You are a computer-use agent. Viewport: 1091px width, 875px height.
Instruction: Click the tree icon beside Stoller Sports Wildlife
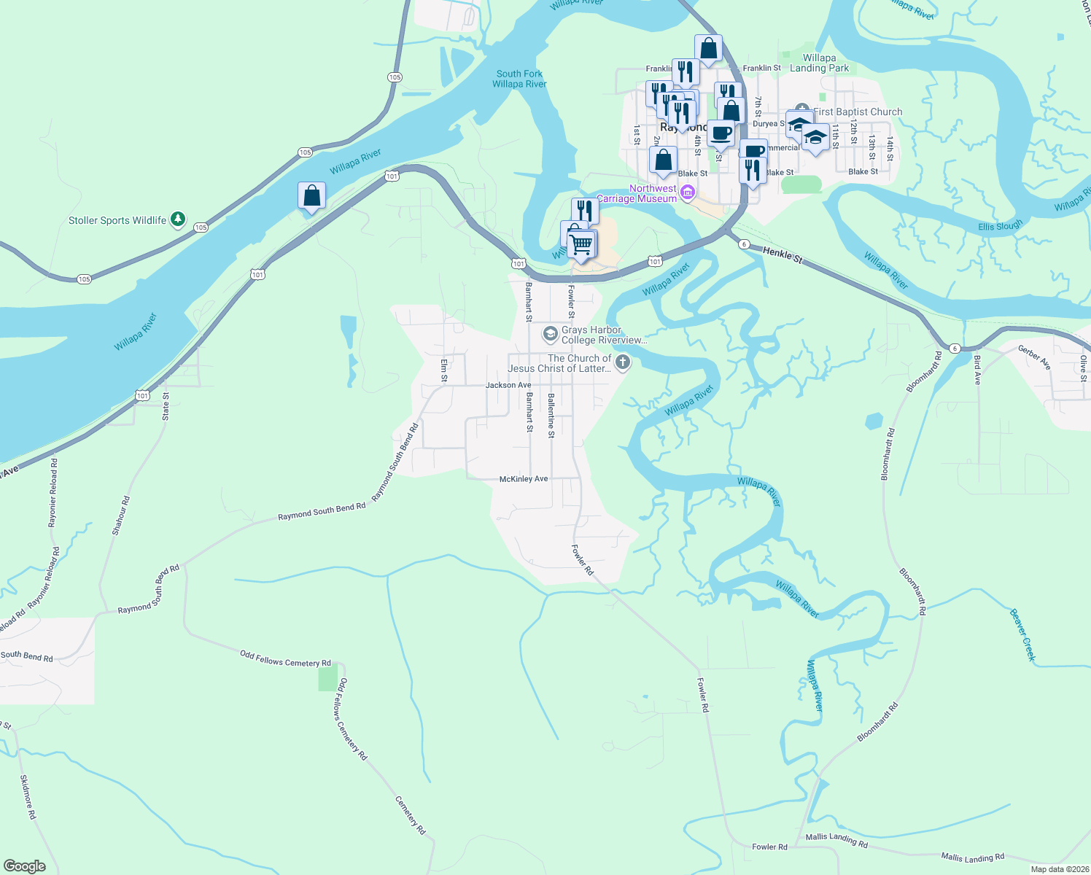pos(177,219)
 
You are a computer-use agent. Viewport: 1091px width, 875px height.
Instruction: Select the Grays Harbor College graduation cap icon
pos(550,335)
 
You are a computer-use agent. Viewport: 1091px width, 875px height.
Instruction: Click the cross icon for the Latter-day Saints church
pos(622,362)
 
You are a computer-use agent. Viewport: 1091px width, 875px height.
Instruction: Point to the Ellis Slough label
pos(1000,226)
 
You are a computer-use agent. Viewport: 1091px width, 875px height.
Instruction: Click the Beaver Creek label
pos(1022,634)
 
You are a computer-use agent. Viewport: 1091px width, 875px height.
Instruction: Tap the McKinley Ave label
pos(523,479)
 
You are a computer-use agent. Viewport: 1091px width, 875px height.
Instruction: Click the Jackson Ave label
pos(508,385)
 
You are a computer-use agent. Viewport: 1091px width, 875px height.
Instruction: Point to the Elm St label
pos(443,370)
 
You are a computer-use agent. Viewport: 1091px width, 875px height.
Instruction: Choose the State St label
pos(166,406)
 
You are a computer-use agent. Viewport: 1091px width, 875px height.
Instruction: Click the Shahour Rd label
pos(121,516)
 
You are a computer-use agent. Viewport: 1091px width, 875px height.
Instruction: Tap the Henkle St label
pos(782,254)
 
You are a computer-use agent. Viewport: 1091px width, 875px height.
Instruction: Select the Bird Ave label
pos(977,370)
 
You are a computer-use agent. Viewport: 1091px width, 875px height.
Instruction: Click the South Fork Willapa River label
pos(519,79)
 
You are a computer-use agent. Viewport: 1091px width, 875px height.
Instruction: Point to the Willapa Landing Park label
pos(819,63)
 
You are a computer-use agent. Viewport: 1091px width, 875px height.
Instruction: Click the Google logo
pos(25,866)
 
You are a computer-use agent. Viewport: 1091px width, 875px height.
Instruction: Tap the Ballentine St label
pos(551,415)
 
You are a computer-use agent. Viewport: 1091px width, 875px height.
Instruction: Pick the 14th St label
pos(890,148)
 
